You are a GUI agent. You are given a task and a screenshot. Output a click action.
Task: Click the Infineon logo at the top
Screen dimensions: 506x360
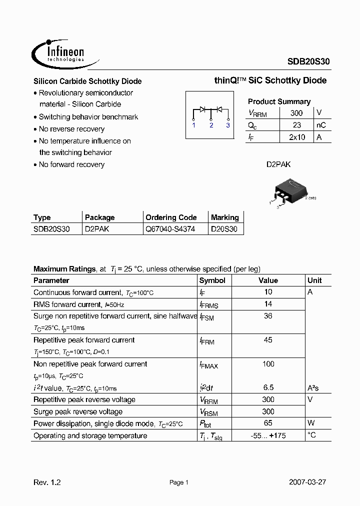58,51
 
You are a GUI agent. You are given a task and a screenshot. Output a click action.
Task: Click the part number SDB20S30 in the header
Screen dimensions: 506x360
308,61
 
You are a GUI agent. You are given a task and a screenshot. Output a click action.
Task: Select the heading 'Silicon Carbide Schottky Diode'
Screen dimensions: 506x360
87,81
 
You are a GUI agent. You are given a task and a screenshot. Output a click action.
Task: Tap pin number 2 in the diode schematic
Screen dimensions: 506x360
211,125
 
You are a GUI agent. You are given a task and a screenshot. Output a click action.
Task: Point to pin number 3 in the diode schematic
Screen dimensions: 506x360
228,125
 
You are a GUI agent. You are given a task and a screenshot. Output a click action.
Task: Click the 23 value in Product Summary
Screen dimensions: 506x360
296,125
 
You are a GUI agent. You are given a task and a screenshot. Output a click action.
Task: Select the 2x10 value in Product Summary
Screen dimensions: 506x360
296,137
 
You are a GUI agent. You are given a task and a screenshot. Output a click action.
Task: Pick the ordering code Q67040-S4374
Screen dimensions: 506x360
170,229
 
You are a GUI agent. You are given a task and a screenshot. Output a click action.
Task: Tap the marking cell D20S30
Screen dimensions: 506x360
224,229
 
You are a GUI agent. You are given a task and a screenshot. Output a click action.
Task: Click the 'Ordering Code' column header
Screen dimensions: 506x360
171,217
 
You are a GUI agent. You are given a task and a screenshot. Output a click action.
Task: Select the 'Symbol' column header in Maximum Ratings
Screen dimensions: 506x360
212,280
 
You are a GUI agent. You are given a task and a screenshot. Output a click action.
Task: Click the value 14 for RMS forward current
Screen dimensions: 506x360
268,304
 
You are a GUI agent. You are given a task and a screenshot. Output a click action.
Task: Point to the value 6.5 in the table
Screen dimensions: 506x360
268,387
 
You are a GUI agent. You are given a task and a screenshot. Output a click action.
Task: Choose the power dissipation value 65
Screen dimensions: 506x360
268,423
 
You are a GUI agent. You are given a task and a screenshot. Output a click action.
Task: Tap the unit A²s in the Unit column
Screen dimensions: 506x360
313,387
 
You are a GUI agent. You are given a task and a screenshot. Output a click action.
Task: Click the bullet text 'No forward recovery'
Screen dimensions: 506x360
71,164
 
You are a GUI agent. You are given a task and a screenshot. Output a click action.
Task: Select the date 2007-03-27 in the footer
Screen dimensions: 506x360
307,482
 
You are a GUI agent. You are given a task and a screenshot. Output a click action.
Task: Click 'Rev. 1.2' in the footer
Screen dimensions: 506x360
47,482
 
